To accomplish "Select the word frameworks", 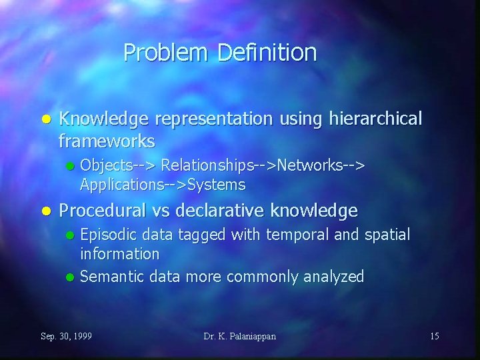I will click(107, 141).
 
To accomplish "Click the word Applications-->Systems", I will click(163, 184).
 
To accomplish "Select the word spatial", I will click(386, 234).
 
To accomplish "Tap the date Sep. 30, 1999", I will click(67, 336).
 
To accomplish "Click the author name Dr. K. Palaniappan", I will click(240, 336).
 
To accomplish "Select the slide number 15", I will click(434, 336).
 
